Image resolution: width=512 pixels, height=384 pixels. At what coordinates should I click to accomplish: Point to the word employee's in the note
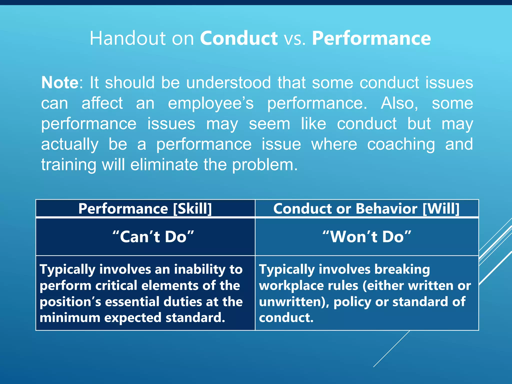point(211,103)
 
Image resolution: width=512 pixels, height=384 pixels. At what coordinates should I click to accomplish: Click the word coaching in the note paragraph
point(401,144)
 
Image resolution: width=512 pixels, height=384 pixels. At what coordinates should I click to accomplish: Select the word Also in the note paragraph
point(399,103)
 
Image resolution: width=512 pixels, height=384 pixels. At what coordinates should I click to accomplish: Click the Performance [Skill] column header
point(145,208)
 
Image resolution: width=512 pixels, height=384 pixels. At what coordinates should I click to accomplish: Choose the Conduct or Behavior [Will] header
point(366,208)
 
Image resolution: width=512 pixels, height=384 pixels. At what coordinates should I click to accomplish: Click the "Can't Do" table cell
point(153,236)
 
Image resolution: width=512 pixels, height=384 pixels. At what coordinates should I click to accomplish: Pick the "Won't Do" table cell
point(367,236)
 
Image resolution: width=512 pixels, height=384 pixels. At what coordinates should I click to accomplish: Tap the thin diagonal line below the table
point(391,349)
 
